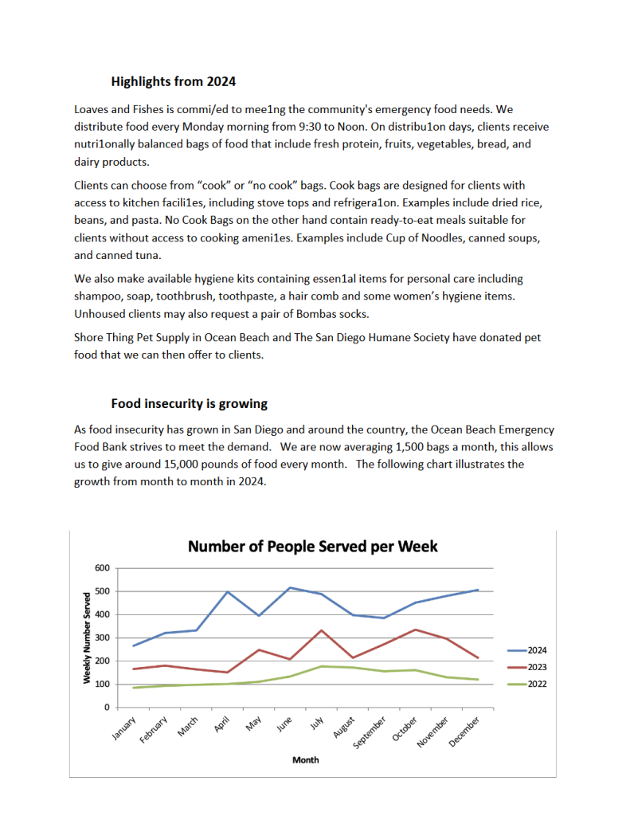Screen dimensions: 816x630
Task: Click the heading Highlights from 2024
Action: (x=173, y=81)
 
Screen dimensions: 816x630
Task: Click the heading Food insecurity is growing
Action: (x=189, y=403)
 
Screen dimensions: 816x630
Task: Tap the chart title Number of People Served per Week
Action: (x=312, y=547)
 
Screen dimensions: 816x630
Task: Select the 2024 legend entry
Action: (x=525, y=650)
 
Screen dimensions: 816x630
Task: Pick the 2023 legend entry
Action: (x=525, y=667)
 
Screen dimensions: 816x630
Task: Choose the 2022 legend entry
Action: (x=525, y=684)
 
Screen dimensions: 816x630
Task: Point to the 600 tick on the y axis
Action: (x=101, y=568)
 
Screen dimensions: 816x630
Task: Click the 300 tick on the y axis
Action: (x=101, y=637)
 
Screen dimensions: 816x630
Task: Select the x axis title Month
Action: (x=305, y=760)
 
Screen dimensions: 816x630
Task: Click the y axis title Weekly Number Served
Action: (x=86, y=637)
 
